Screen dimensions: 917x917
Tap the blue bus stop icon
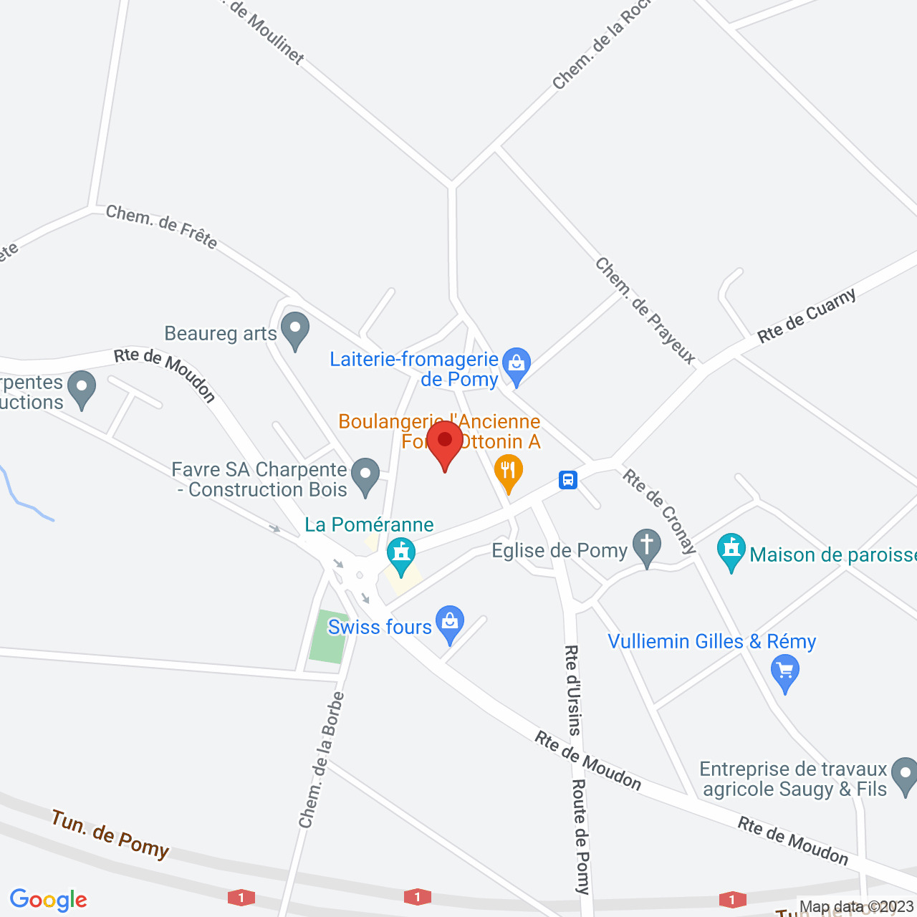(x=568, y=479)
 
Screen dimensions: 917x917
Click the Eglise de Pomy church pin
(x=646, y=547)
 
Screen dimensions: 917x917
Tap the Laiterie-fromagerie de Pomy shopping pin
(x=516, y=365)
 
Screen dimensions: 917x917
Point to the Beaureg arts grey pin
(x=294, y=330)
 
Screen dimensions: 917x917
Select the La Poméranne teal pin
(x=401, y=555)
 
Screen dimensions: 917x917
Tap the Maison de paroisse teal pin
(x=731, y=551)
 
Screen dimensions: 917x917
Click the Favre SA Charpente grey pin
(x=365, y=476)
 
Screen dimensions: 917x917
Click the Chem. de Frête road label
(x=161, y=226)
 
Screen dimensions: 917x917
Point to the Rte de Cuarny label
(x=807, y=316)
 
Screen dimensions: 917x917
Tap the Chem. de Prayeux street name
(x=645, y=311)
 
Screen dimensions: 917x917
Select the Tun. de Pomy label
(x=110, y=834)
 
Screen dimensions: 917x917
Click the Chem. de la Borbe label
(x=322, y=759)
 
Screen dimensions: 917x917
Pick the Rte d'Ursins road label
(x=572, y=690)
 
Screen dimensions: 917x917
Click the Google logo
(x=49, y=900)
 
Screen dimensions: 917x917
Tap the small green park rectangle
(x=328, y=636)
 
